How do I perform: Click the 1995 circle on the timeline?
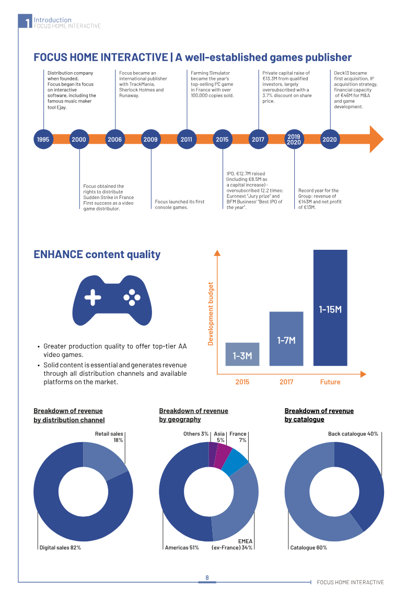[x=43, y=140]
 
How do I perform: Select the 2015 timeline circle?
[x=222, y=140]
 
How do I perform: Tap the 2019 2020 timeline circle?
[x=294, y=140]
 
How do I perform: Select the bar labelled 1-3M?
[x=242, y=354]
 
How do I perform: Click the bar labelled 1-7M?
[x=286, y=339]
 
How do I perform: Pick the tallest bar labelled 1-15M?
[x=330, y=308]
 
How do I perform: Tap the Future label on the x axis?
[x=330, y=382]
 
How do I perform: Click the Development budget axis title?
[x=211, y=314]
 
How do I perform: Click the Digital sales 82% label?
[x=61, y=548]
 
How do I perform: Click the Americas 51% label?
[x=182, y=548]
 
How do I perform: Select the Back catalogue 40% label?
[x=353, y=434]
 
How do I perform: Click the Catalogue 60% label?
[x=309, y=548]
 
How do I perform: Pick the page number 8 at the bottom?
[x=207, y=577]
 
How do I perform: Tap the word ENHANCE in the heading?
[x=58, y=254]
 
